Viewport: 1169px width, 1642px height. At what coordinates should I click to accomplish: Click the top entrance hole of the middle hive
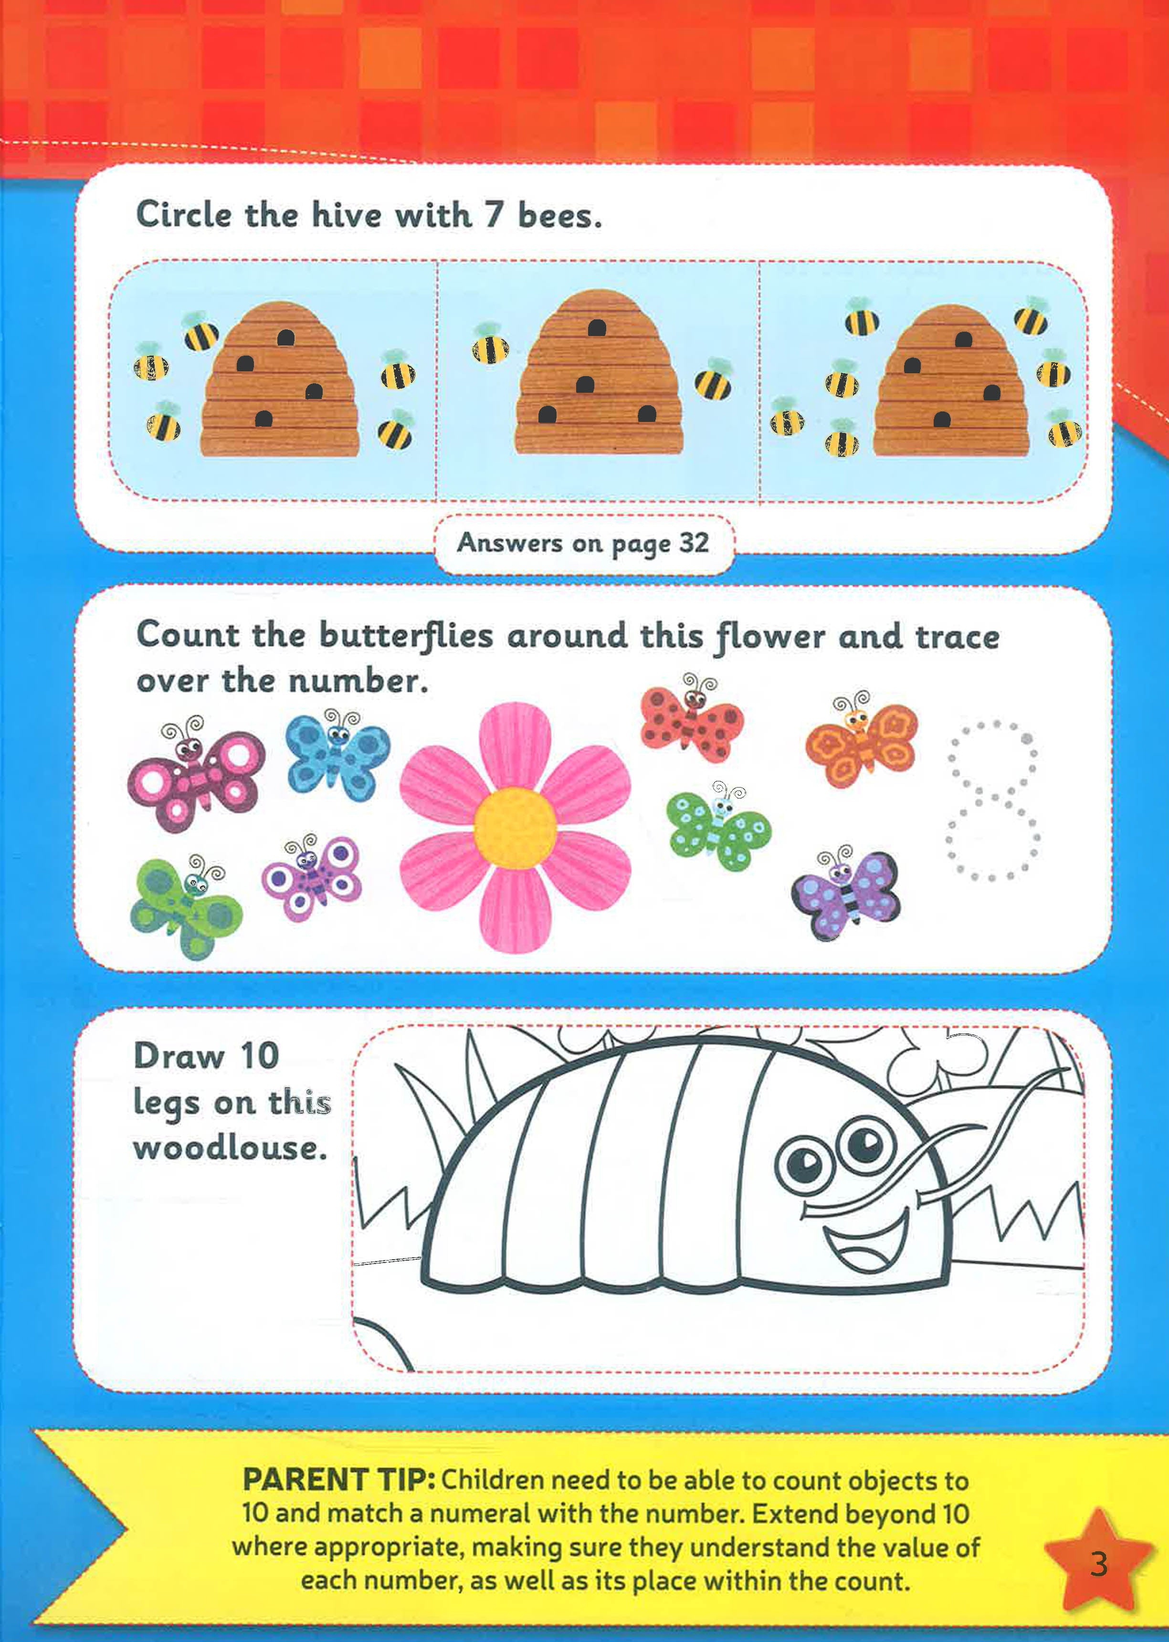[x=596, y=329]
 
